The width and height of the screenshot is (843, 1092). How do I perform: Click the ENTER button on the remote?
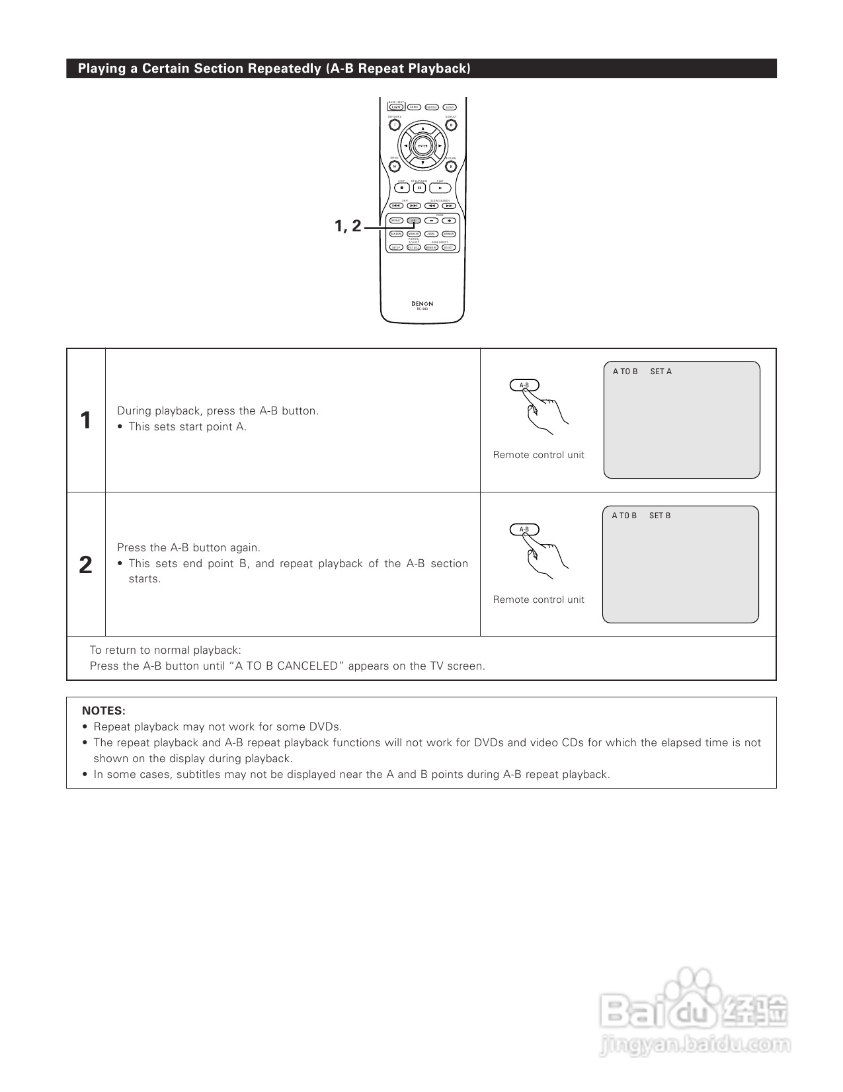(x=422, y=145)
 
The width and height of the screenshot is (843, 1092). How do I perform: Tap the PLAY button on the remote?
(x=440, y=188)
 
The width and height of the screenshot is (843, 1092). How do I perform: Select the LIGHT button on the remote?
(x=396, y=107)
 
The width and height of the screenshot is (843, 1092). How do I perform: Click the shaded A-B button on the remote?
(x=413, y=220)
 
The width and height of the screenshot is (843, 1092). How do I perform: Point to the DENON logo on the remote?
(x=422, y=304)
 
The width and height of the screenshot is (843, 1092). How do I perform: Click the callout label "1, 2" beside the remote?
(x=348, y=226)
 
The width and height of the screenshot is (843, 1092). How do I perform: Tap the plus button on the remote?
(x=449, y=220)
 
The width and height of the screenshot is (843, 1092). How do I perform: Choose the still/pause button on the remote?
(x=419, y=188)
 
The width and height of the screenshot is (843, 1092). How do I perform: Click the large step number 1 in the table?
(x=86, y=420)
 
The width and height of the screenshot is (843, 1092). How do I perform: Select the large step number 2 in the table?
(x=86, y=565)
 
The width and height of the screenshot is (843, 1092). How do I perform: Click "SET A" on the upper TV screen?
(x=661, y=371)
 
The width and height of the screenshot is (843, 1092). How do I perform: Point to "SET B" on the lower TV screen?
(x=659, y=516)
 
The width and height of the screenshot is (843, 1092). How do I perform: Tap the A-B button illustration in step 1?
(x=524, y=385)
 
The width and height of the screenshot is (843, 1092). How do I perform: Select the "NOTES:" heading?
(x=104, y=711)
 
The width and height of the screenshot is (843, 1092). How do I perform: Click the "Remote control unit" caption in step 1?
(x=538, y=455)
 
